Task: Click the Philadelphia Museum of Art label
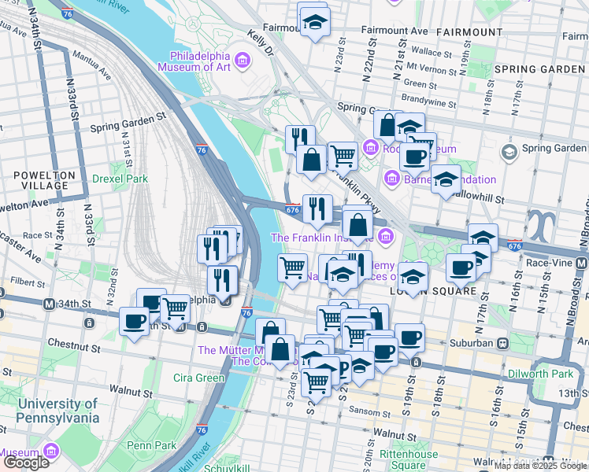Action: point(201,62)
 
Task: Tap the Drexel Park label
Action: point(120,179)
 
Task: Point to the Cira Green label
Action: point(199,378)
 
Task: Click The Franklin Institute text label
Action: point(323,237)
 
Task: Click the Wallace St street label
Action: point(430,51)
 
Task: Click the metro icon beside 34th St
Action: point(48,304)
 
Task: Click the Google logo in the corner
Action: point(26,463)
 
